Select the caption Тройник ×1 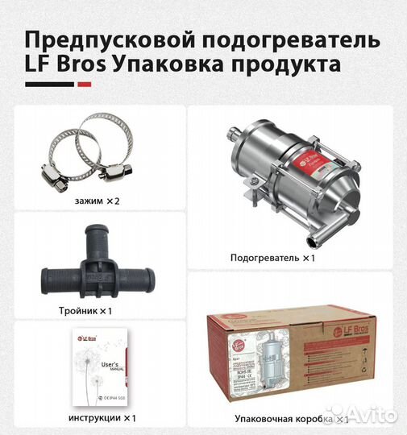pyautogui.click(x=95, y=310)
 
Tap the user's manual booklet pyautogui.click(x=97, y=370)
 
